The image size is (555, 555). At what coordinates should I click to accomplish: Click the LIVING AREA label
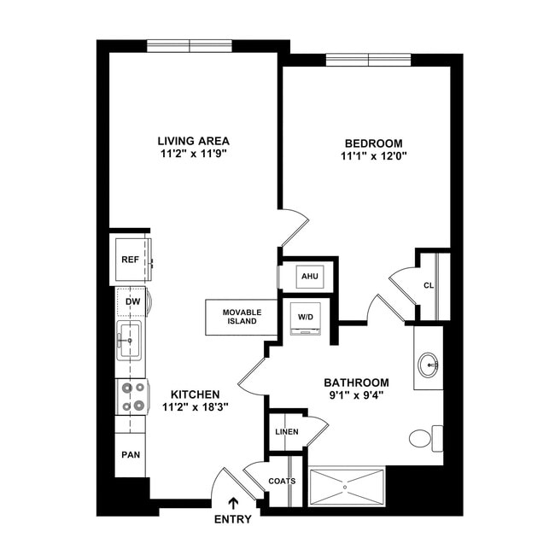(194, 141)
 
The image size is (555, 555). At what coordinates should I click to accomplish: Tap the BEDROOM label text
(372, 143)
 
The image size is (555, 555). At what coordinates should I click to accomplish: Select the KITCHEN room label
(196, 394)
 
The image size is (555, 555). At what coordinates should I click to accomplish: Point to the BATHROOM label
(356, 382)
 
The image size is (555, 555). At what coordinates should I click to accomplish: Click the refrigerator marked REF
(131, 260)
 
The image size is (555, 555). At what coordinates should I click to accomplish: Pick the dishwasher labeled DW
(132, 301)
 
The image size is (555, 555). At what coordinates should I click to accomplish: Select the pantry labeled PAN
(131, 454)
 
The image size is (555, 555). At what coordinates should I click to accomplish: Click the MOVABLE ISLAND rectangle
(242, 317)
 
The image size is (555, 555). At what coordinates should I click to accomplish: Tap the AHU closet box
(307, 276)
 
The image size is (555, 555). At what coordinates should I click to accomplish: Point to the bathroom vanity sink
(428, 365)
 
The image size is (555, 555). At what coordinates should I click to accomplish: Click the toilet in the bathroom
(423, 439)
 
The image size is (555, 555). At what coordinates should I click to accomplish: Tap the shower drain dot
(346, 488)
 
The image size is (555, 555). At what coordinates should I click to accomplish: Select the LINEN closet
(287, 432)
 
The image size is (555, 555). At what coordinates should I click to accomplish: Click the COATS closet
(282, 481)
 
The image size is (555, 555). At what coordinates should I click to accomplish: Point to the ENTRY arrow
(233, 504)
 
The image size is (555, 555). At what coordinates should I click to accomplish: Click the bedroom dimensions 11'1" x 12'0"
(372, 156)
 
